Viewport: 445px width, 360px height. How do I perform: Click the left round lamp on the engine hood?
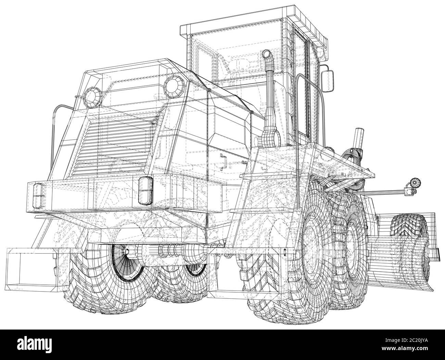click(x=92, y=98)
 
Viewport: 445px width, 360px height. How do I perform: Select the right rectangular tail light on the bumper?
click(x=145, y=190)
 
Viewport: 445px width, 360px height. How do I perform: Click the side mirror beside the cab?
click(x=327, y=81)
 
